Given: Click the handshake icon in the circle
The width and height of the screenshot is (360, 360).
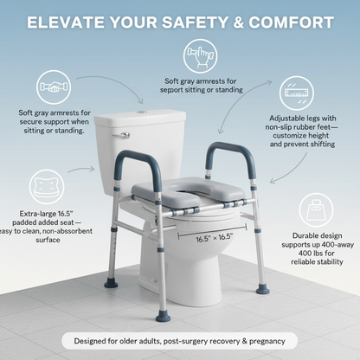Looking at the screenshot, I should point(55,87).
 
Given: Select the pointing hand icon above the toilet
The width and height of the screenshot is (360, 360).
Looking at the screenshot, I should point(202,57).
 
